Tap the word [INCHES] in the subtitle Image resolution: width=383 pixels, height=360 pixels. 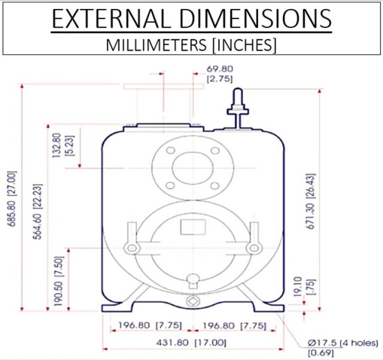245,45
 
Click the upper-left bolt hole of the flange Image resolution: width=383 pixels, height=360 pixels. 171,151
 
